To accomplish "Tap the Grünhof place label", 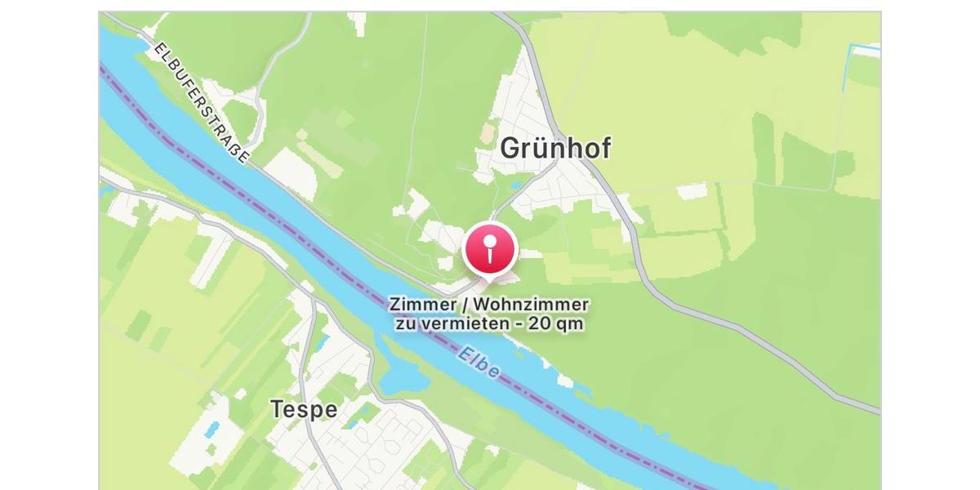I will click(x=555, y=149).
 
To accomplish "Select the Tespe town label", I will click(x=304, y=409).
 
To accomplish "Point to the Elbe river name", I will click(x=479, y=363).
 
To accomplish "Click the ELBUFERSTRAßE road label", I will click(x=200, y=102).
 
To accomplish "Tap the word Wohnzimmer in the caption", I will click(x=531, y=305).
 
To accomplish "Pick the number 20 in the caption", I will click(x=539, y=323).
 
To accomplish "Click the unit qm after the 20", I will click(x=572, y=324).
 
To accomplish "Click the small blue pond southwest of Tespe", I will click(x=212, y=429).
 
